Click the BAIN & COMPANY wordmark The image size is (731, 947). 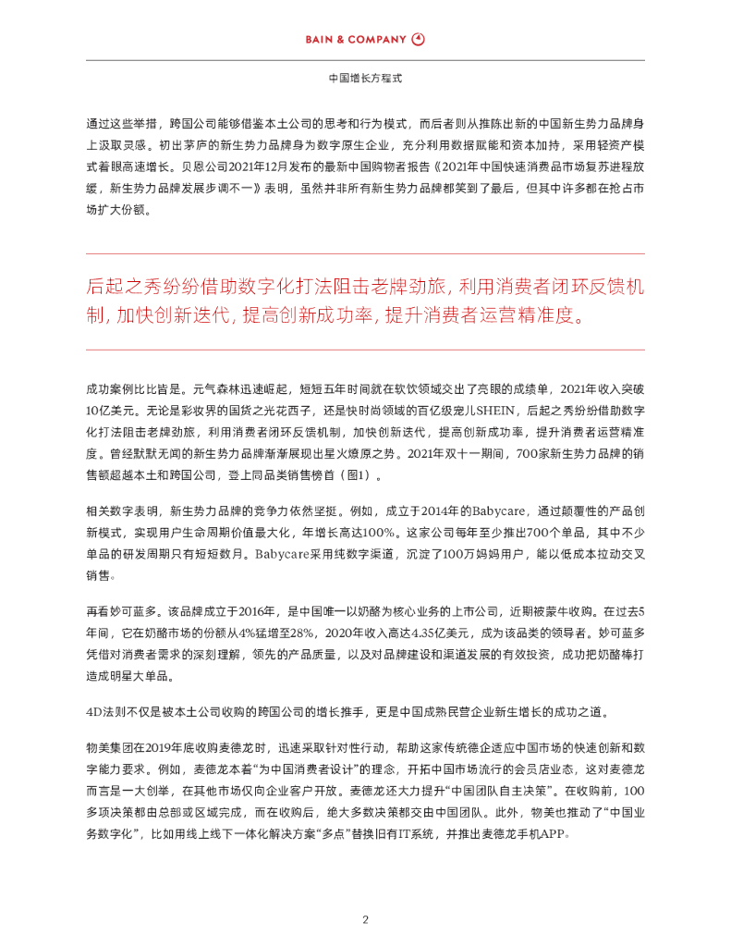tap(356, 40)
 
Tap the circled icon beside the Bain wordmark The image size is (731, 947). tap(419, 40)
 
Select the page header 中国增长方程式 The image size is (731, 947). tap(365, 80)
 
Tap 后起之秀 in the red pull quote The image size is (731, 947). tap(118, 286)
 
